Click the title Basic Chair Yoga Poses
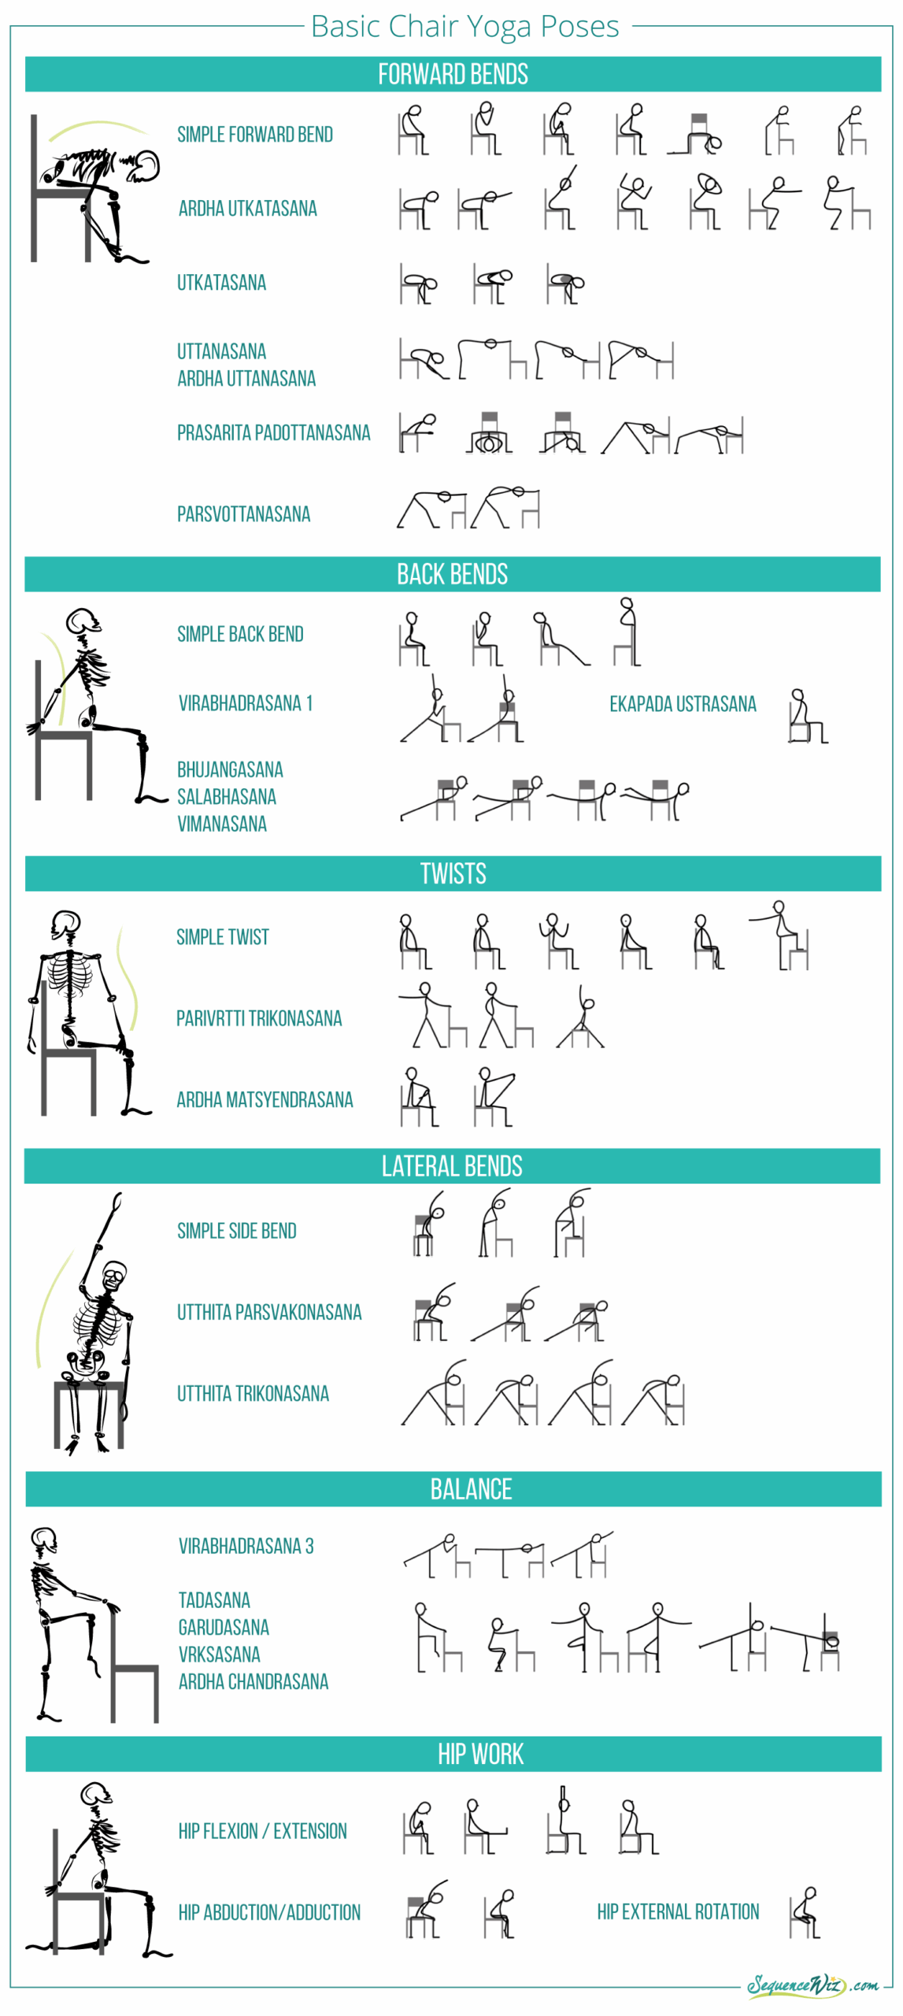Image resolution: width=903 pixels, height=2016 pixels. pyautogui.click(x=464, y=26)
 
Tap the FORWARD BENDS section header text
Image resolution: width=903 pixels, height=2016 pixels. pyautogui.click(x=453, y=74)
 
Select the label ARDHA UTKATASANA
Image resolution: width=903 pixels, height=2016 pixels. pyautogui.click(x=247, y=209)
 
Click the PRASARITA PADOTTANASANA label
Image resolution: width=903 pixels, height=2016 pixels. pyautogui.click(x=273, y=432)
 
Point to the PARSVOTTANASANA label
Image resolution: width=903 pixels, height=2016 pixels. pyautogui.click(x=243, y=514)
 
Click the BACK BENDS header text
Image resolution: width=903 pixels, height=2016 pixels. pyautogui.click(x=452, y=574)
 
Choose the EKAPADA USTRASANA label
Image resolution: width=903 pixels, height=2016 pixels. pyautogui.click(x=682, y=703)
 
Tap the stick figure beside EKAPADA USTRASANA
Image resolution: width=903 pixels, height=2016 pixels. pyautogui.click(x=806, y=716)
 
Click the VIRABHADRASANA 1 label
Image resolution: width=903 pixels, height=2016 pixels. pyautogui.click(x=245, y=702)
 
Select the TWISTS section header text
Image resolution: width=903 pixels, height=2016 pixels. pyautogui.click(x=453, y=873)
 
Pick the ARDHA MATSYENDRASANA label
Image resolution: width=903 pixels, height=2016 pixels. pyautogui.click(x=265, y=1099)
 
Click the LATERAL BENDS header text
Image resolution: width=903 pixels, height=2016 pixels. pyautogui.click(x=452, y=1165)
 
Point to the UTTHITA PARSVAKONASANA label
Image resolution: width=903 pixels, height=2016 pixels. pyautogui.click(x=269, y=1312)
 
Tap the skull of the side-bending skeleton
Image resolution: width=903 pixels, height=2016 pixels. pyautogui.click(x=114, y=1274)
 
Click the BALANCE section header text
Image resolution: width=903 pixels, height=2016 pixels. pyautogui.click(x=471, y=1488)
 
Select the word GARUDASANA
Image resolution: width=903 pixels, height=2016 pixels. pyautogui.click(x=224, y=1627)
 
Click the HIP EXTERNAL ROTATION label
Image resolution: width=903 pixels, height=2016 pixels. pyautogui.click(x=678, y=1911)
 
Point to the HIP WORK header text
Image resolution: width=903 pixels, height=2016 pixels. pyautogui.click(x=480, y=1754)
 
